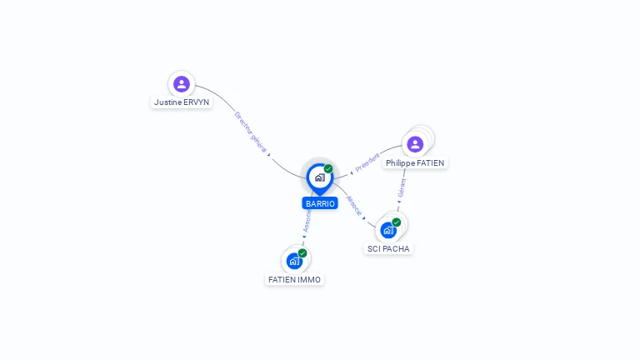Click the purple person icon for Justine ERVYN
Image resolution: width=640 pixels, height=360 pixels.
click(182, 83)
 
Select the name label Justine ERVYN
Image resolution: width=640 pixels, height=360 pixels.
click(182, 102)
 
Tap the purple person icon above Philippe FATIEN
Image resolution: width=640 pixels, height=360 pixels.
click(415, 144)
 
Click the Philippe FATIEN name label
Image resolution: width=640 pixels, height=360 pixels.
click(415, 163)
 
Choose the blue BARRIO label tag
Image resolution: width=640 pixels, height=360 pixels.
click(320, 203)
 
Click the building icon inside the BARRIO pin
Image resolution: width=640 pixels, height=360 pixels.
click(319, 177)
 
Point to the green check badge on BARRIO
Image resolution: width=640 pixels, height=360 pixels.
click(328, 168)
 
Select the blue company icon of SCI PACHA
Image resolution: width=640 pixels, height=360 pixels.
click(388, 230)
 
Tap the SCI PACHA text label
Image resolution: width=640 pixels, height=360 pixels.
click(389, 248)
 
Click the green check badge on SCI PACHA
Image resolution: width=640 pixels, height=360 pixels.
click(397, 222)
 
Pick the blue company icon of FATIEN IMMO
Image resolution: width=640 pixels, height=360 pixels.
click(294, 261)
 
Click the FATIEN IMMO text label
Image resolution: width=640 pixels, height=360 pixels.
click(295, 279)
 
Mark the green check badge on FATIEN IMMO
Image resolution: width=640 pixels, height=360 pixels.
click(302, 253)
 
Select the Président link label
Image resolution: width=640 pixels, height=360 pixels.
click(367, 162)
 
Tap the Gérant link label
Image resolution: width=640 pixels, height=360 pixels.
click(402, 187)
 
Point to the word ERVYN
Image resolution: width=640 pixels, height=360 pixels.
click(197, 102)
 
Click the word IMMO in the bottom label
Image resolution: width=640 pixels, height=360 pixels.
click(309, 279)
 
